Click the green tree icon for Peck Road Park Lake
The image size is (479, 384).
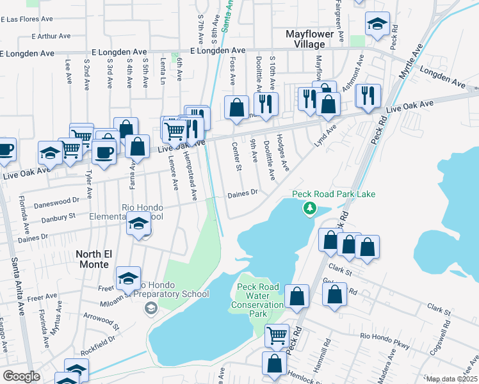310,208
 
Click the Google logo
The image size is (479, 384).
21,376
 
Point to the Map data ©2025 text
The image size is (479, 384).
451,379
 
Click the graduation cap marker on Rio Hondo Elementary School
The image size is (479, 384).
138,225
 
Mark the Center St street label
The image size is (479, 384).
237,157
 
